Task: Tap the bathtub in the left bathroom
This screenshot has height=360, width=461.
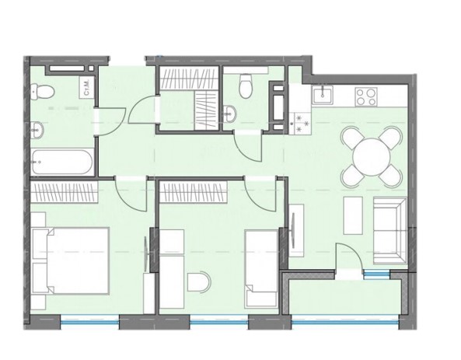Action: pos(63,162)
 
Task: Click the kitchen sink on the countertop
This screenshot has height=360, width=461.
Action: pos(323,96)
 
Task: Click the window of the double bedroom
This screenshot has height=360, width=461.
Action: pos(89,317)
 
